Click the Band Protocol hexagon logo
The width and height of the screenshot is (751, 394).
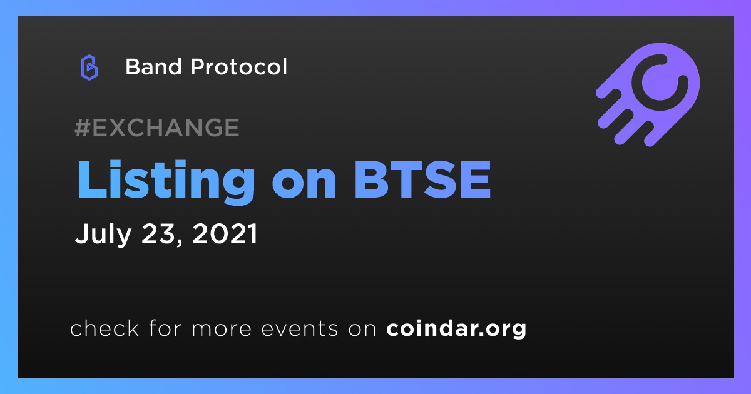coord(89,68)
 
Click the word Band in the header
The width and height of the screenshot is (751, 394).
coord(153,67)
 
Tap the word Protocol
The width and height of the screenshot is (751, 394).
coord(238,67)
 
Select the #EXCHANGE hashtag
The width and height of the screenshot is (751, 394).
coord(157,128)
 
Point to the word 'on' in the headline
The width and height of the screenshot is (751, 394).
coord(304,184)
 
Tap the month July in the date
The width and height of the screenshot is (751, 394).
coord(103,234)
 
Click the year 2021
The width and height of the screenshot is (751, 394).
coord(225,233)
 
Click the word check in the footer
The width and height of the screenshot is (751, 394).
coord(105,328)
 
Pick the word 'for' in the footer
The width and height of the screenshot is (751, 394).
coord(165,328)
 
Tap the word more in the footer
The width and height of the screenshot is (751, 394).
coord(222,330)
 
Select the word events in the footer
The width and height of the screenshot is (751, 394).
coord(299,329)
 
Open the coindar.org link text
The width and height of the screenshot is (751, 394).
coord(456,329)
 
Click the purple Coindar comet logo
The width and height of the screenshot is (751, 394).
coord(648,94)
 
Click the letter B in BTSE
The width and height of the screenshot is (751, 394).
coord(371,180)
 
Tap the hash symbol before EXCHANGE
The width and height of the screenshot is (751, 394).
coord(83,128)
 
